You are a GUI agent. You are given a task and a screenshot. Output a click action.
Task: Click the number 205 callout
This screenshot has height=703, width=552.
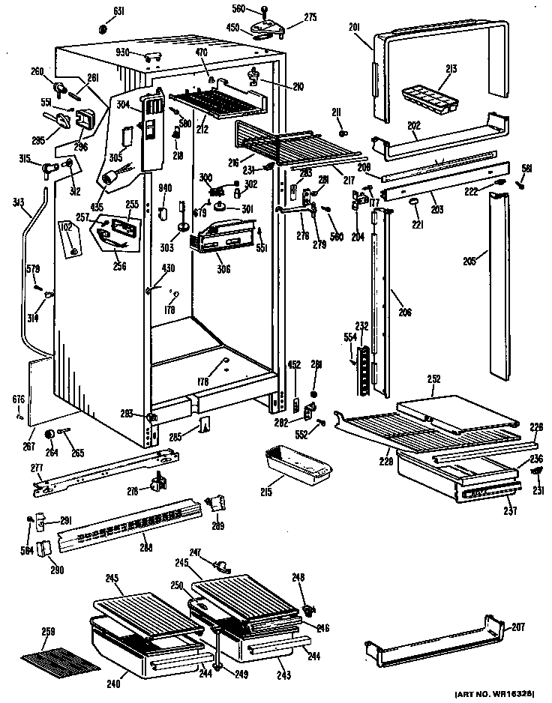[470, 262]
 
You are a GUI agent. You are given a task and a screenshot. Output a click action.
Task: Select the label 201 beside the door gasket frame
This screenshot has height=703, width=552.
[355, 28]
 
